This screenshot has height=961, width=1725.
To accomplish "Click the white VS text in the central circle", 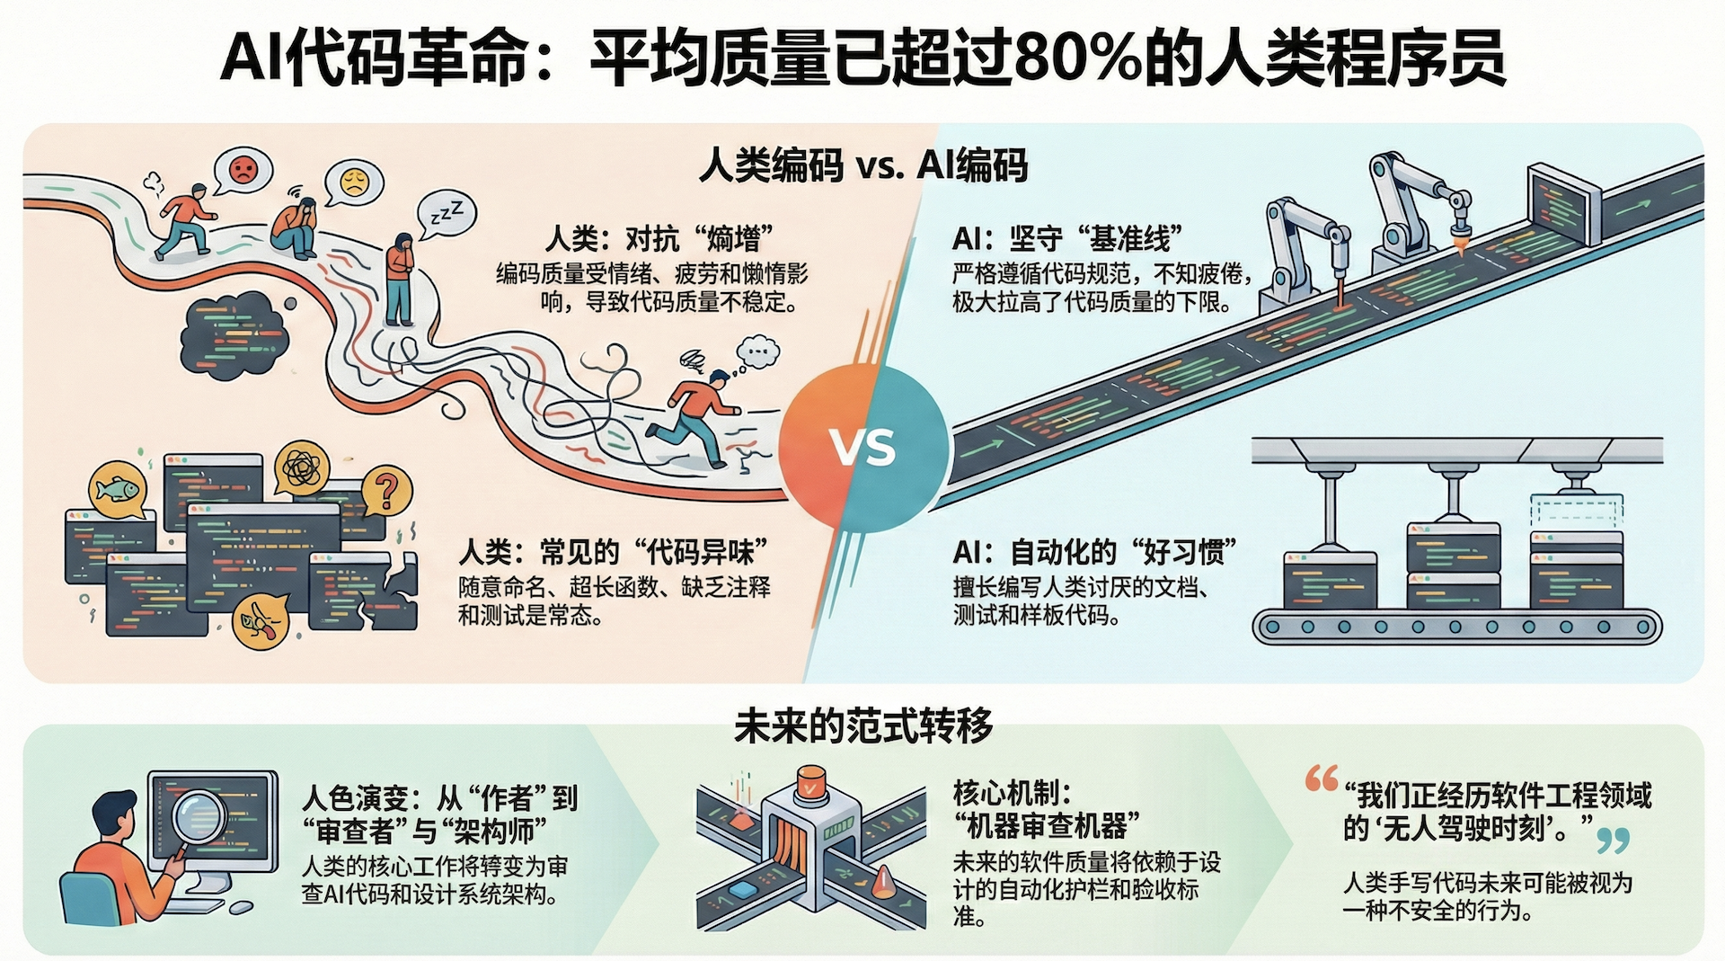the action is [x=862, y=447].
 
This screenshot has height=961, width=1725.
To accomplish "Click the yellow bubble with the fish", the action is [x=119, y=490].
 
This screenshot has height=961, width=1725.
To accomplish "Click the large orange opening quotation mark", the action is [x=1322, y=779].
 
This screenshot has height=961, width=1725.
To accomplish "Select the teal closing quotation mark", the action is [x=1614, y=841].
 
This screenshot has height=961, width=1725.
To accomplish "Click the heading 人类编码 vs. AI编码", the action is [x=862, y=166].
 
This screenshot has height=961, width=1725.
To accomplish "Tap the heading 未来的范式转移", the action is [x=862, y=725].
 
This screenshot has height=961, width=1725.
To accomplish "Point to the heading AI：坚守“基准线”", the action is [x=1067, y=239].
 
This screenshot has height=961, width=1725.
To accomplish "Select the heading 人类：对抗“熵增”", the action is [x=659, y=239].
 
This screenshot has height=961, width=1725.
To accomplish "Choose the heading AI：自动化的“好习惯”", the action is [x=1094, y=551].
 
